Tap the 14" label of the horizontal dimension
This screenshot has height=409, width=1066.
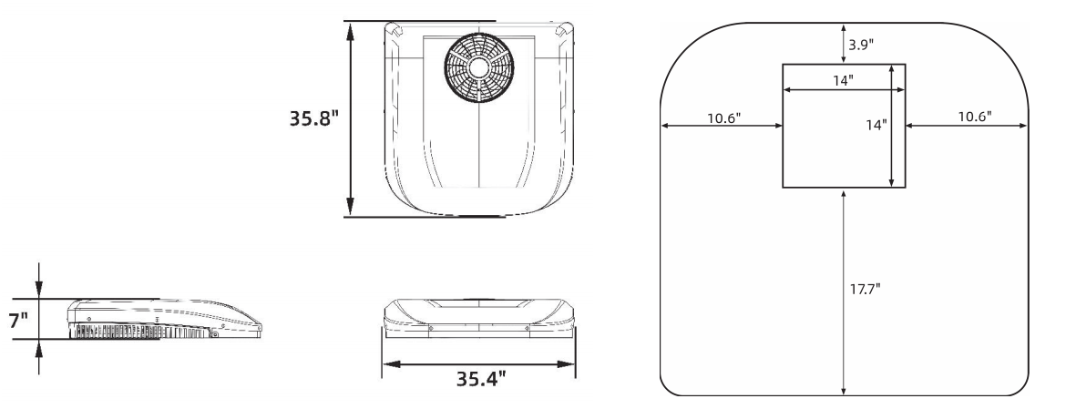pyautogui.click(x=844, y=80)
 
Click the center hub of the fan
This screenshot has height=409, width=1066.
pyautogui.click(x=479, y=69)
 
